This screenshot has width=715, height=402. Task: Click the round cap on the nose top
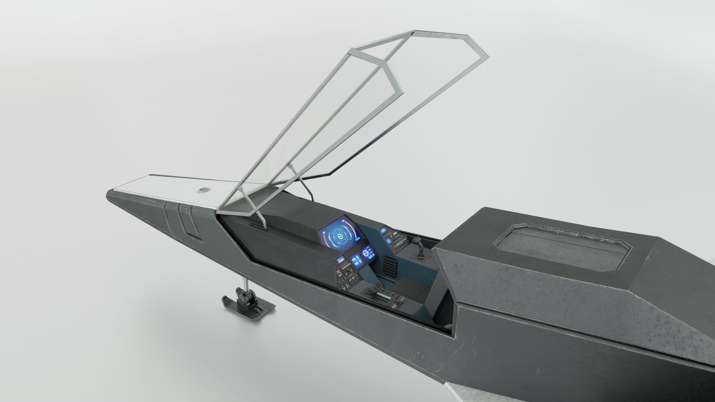tap(203, 190)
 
